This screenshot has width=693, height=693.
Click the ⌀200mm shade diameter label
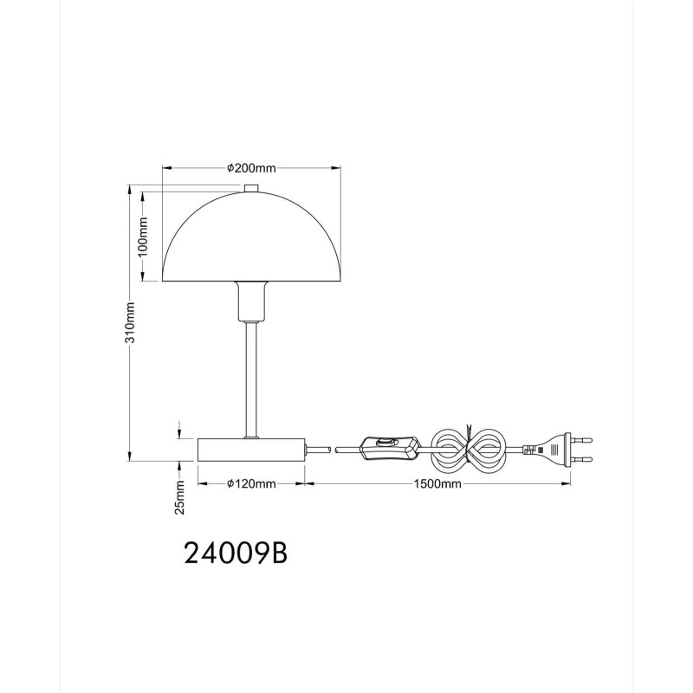251,168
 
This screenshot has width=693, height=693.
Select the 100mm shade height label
143,236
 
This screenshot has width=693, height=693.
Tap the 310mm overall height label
129,322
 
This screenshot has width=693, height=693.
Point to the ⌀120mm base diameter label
251,484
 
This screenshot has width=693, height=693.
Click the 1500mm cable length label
437,484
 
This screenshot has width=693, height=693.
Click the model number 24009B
236,553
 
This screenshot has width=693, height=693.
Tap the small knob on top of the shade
251,188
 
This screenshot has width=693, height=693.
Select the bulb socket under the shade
252,301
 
